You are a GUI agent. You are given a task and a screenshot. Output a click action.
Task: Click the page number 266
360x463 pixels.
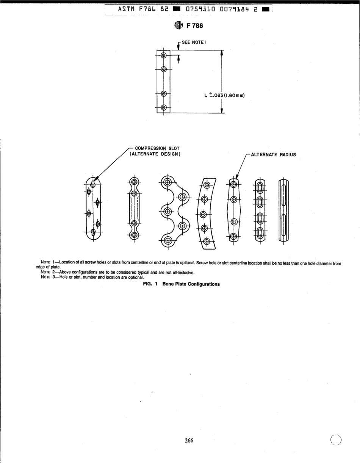(x=189, y=440)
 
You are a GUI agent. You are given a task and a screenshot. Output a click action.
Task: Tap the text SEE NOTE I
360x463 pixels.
(x=193, y=42)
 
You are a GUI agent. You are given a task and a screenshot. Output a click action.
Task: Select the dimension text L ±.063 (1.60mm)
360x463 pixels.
(x=224, y=95)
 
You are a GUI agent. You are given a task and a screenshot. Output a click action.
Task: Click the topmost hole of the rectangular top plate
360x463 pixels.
(x=164, y=55)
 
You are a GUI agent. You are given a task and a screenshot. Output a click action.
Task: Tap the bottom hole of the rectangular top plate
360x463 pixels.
(x=164, y=108)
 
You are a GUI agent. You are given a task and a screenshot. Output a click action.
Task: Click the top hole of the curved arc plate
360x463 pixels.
(x=207, y=185)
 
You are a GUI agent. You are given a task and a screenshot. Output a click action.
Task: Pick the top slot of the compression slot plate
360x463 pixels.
(x=92, y=183)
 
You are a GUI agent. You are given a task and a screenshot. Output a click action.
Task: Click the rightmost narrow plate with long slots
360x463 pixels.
(x=283, y=209)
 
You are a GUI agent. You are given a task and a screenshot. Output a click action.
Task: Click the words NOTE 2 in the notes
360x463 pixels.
(x=48, y=273)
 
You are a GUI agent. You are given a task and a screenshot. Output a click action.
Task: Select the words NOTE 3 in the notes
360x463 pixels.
(x=48, y=277)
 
